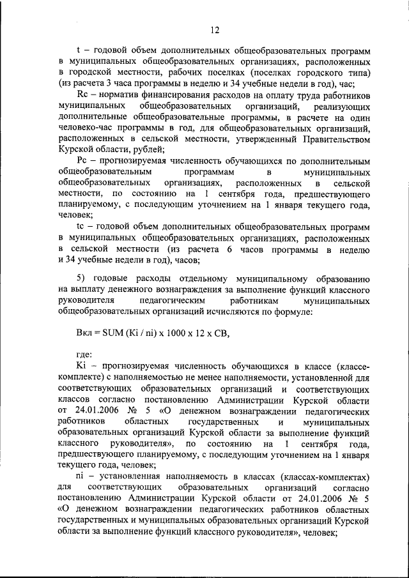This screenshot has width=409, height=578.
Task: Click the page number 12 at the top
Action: click(x=215, y=29)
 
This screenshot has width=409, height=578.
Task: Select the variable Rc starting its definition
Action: click(x=81, y=94)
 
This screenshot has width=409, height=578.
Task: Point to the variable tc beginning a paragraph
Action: click(x=80, y=227)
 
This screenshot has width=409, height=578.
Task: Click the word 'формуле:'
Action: click(x=293, y=312)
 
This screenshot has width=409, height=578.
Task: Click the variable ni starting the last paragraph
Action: click(x=80, y=476)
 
